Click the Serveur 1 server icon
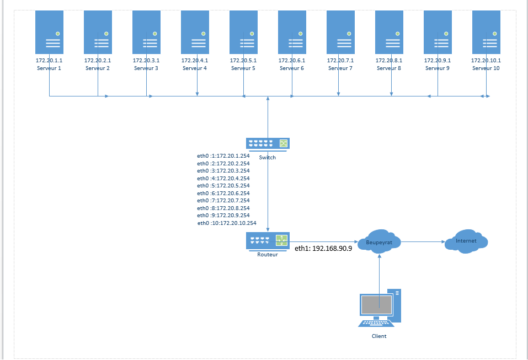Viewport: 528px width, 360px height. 49,32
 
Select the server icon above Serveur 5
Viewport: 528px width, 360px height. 243,32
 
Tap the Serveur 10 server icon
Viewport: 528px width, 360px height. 486,32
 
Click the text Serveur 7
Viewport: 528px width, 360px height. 340,68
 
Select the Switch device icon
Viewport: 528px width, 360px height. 268,143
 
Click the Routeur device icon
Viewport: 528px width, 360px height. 268,240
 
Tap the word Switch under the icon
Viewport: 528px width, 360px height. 268,157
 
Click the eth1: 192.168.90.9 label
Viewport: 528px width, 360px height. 323,249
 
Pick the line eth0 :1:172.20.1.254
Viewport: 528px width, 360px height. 223,156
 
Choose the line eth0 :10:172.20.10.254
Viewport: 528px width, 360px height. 227,223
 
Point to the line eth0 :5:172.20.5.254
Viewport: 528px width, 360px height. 223,186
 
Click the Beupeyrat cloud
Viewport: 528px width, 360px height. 379,242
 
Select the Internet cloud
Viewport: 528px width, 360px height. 466,241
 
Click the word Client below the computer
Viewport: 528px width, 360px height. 379,336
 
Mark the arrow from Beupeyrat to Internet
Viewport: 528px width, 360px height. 423,242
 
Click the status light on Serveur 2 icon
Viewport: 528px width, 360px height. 106,34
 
